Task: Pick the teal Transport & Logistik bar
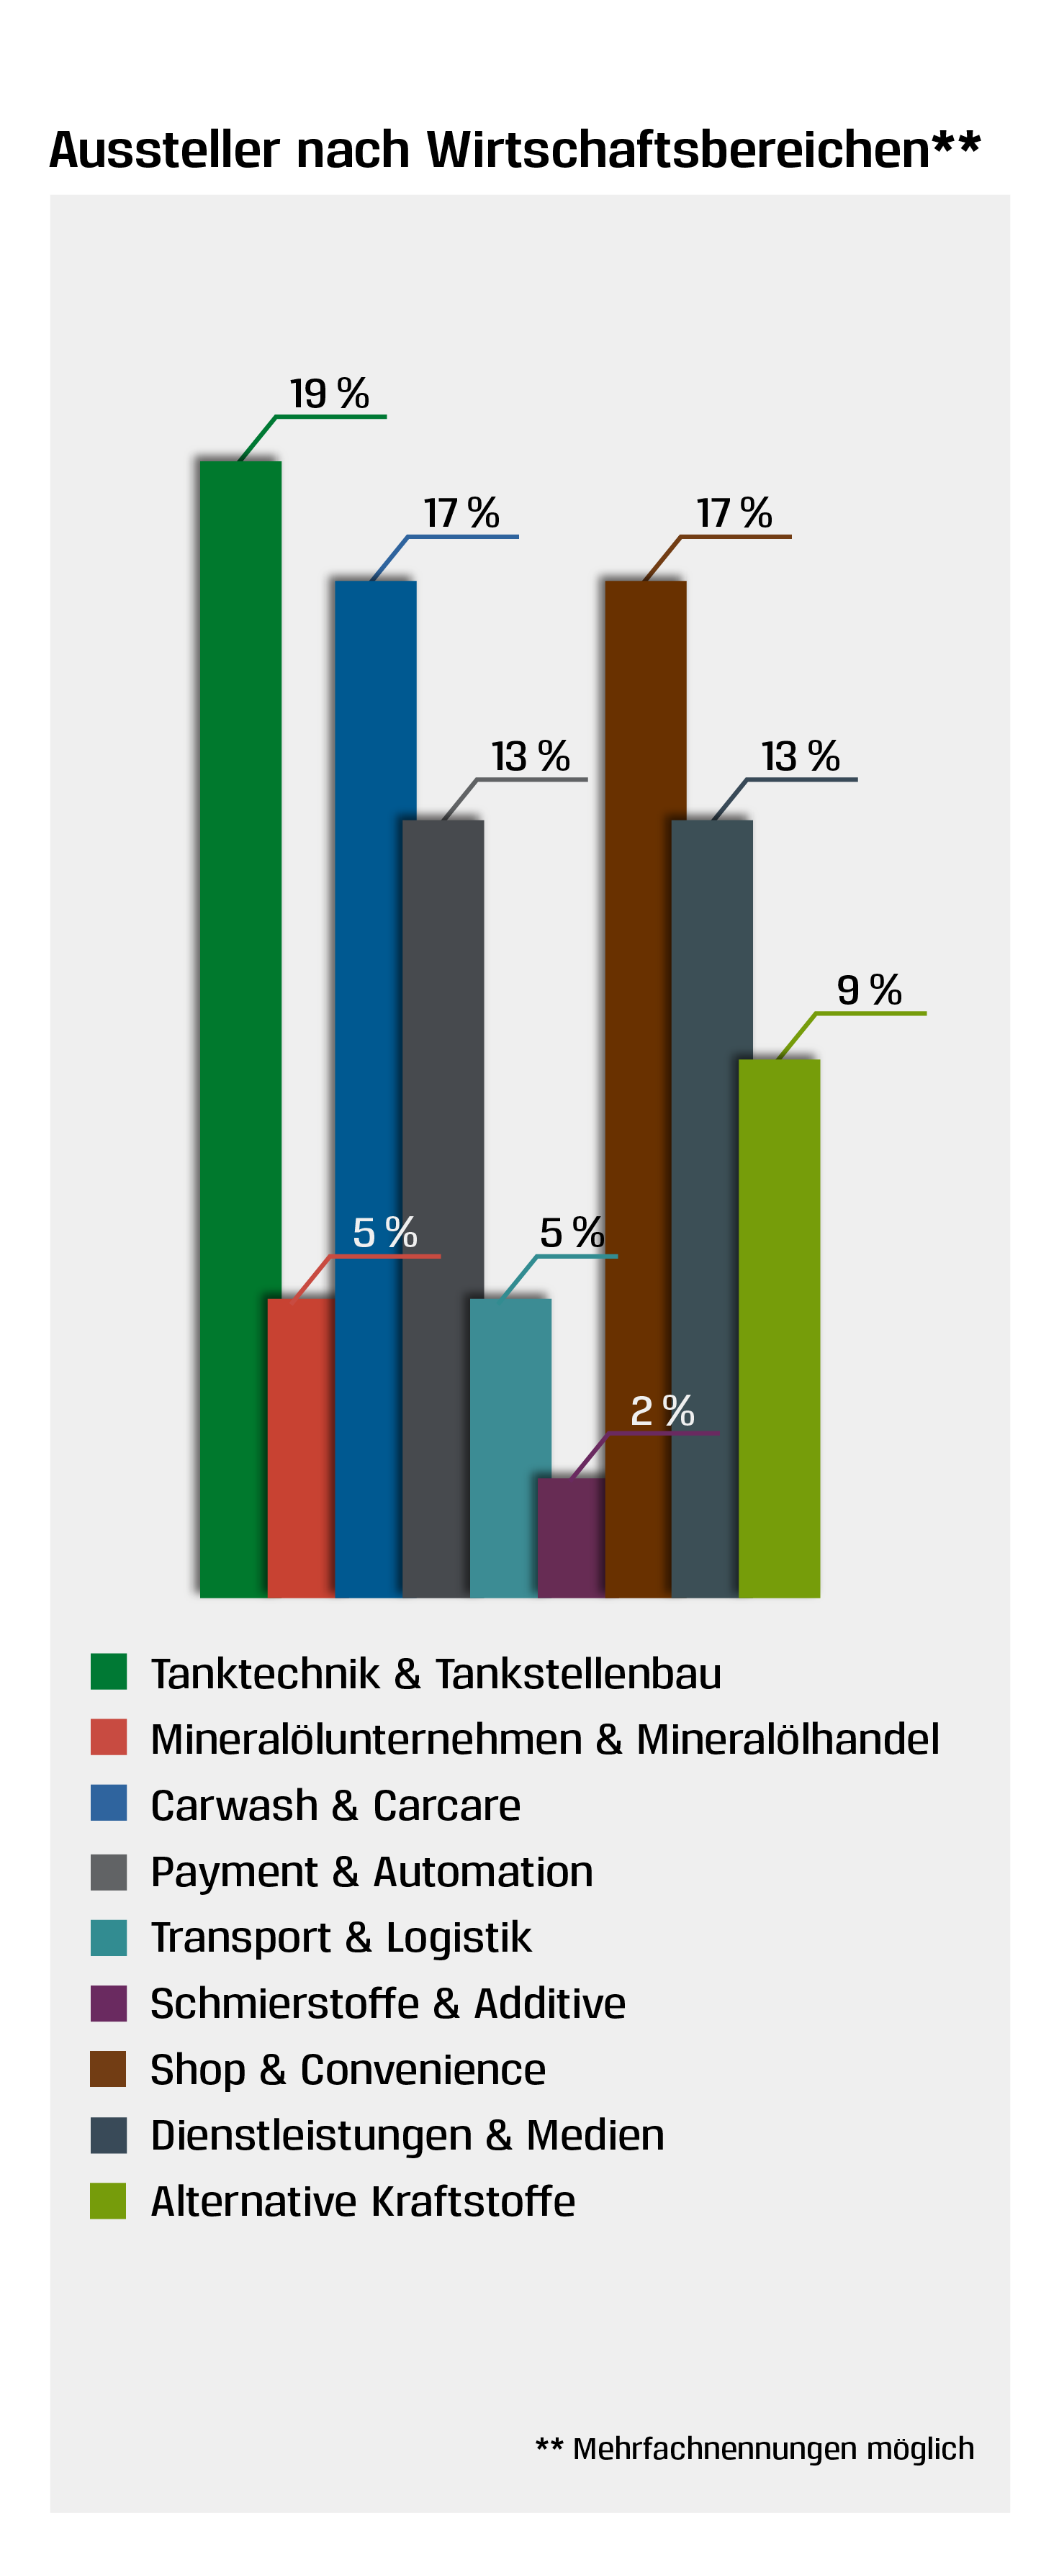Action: (510, 1445)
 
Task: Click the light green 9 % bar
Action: (779, 1326)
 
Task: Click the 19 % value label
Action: (328, 394)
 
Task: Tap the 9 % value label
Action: (869, 990)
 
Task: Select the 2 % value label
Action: (662, 1411)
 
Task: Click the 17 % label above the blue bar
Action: (461, 514)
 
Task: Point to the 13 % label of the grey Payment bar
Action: (531, 757)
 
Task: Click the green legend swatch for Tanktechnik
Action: (108, 1671)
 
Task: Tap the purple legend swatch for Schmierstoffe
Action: (108, 2003)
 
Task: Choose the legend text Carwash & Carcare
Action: (335, 1805)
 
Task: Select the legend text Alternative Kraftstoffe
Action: (362, 2201)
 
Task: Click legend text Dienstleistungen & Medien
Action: (407, 2135)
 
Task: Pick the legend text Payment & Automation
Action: (371, 1871)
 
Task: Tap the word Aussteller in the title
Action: (164, 150)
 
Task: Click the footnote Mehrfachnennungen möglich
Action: (772, 2448)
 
